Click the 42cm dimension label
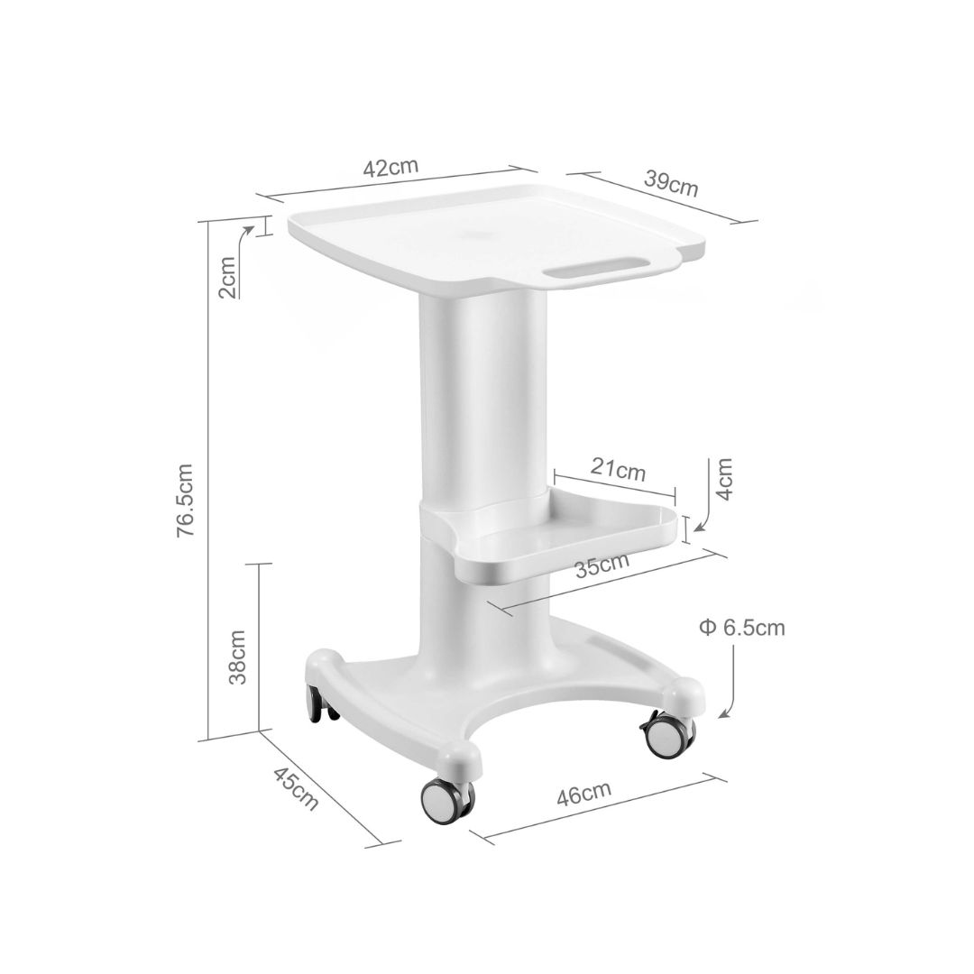point(391,167)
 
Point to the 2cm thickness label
point(228,277)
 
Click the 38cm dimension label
point(237,657)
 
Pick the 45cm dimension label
point(297,788)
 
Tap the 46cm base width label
point(583,794)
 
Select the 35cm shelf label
point(602,565)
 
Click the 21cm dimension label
point(618,470)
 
